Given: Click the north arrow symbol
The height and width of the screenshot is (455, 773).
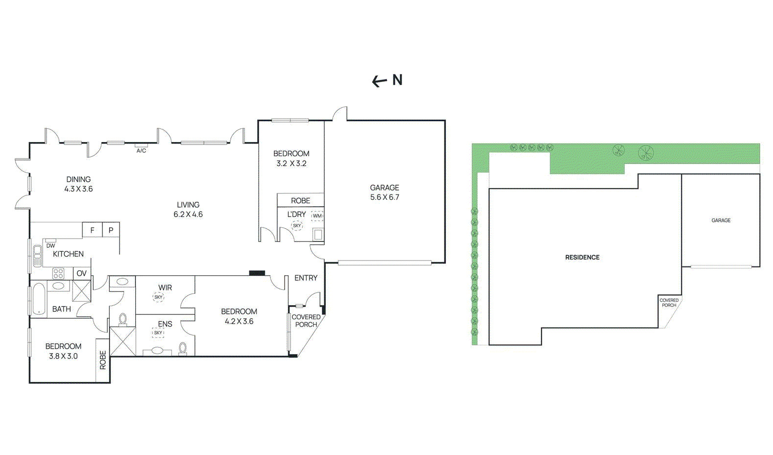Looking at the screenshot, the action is (x=379, y=82).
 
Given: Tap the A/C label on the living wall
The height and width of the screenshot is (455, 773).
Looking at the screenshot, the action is (x=141, y=151).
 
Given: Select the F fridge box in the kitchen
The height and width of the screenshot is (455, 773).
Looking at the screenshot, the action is (x=92, y=230).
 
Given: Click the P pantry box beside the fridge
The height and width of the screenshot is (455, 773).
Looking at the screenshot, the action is (x=111, y=230).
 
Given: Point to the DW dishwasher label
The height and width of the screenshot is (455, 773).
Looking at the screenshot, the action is (x=50, y=246).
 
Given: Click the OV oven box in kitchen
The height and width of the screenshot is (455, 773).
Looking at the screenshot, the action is (x=82, y=273).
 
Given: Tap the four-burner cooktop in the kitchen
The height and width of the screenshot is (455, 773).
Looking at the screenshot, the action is (x=58, y=274).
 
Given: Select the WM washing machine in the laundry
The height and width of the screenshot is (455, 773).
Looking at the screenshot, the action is (x=317, y=216).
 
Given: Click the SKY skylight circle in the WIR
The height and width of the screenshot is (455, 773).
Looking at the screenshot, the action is (x=158, y=297).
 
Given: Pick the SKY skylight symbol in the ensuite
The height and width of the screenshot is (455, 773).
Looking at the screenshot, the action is (x=158, y=333).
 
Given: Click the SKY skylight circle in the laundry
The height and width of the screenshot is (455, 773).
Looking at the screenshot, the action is (x=297, y=226).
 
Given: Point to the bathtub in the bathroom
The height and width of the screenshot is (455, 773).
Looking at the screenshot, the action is (x=39, y=299).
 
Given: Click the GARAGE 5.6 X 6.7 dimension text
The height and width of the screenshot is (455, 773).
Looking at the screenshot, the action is (x=385, y=192).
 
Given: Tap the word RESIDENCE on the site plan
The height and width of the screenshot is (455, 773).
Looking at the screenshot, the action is (x=582, y=257).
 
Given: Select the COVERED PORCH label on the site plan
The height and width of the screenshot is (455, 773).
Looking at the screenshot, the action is (x=669, y=303).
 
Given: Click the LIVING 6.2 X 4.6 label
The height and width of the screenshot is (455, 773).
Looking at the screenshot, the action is (x=188, y=210).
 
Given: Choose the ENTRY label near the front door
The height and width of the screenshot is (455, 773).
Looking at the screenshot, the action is (x=306, y=278).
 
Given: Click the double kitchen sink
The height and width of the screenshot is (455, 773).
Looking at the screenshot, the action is (x=37, y=256).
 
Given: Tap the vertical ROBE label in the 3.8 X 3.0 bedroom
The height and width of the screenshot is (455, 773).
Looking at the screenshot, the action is (x=103, y=360).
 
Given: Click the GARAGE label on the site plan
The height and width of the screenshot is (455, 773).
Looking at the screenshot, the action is (x=721, y=220).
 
